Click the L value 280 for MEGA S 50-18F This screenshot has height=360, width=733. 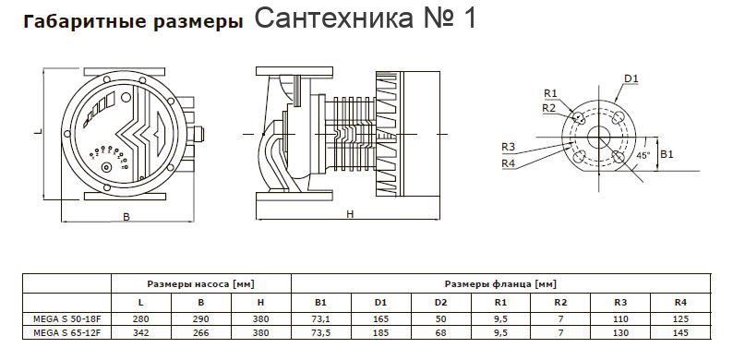[140, 319]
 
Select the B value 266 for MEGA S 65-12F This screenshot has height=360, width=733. [201, 333]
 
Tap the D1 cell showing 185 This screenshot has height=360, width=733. [380, 333]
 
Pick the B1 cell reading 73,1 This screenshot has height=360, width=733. [320, 319]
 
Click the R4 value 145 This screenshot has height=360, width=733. [680, 333]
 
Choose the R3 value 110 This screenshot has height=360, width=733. [620, 319]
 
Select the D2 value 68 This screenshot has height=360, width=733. [441, 333]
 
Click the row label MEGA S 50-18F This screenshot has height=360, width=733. [66, 319]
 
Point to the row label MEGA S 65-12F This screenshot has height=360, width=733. [66, 333]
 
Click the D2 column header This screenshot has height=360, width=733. [441, 303]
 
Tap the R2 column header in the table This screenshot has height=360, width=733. [560, 303]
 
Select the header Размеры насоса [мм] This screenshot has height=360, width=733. [201, 283]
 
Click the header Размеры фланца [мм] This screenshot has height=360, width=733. [500, 283]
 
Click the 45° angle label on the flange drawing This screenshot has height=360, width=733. [643, 155]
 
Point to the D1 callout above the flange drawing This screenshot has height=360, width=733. [631, 78]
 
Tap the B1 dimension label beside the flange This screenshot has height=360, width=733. [667, 154]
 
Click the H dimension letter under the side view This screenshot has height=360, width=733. [350, 214]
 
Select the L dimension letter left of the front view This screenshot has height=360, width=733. [36, 132]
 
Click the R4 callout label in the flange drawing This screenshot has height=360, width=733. [508, 163]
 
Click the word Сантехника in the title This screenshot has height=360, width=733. [334, 18]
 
